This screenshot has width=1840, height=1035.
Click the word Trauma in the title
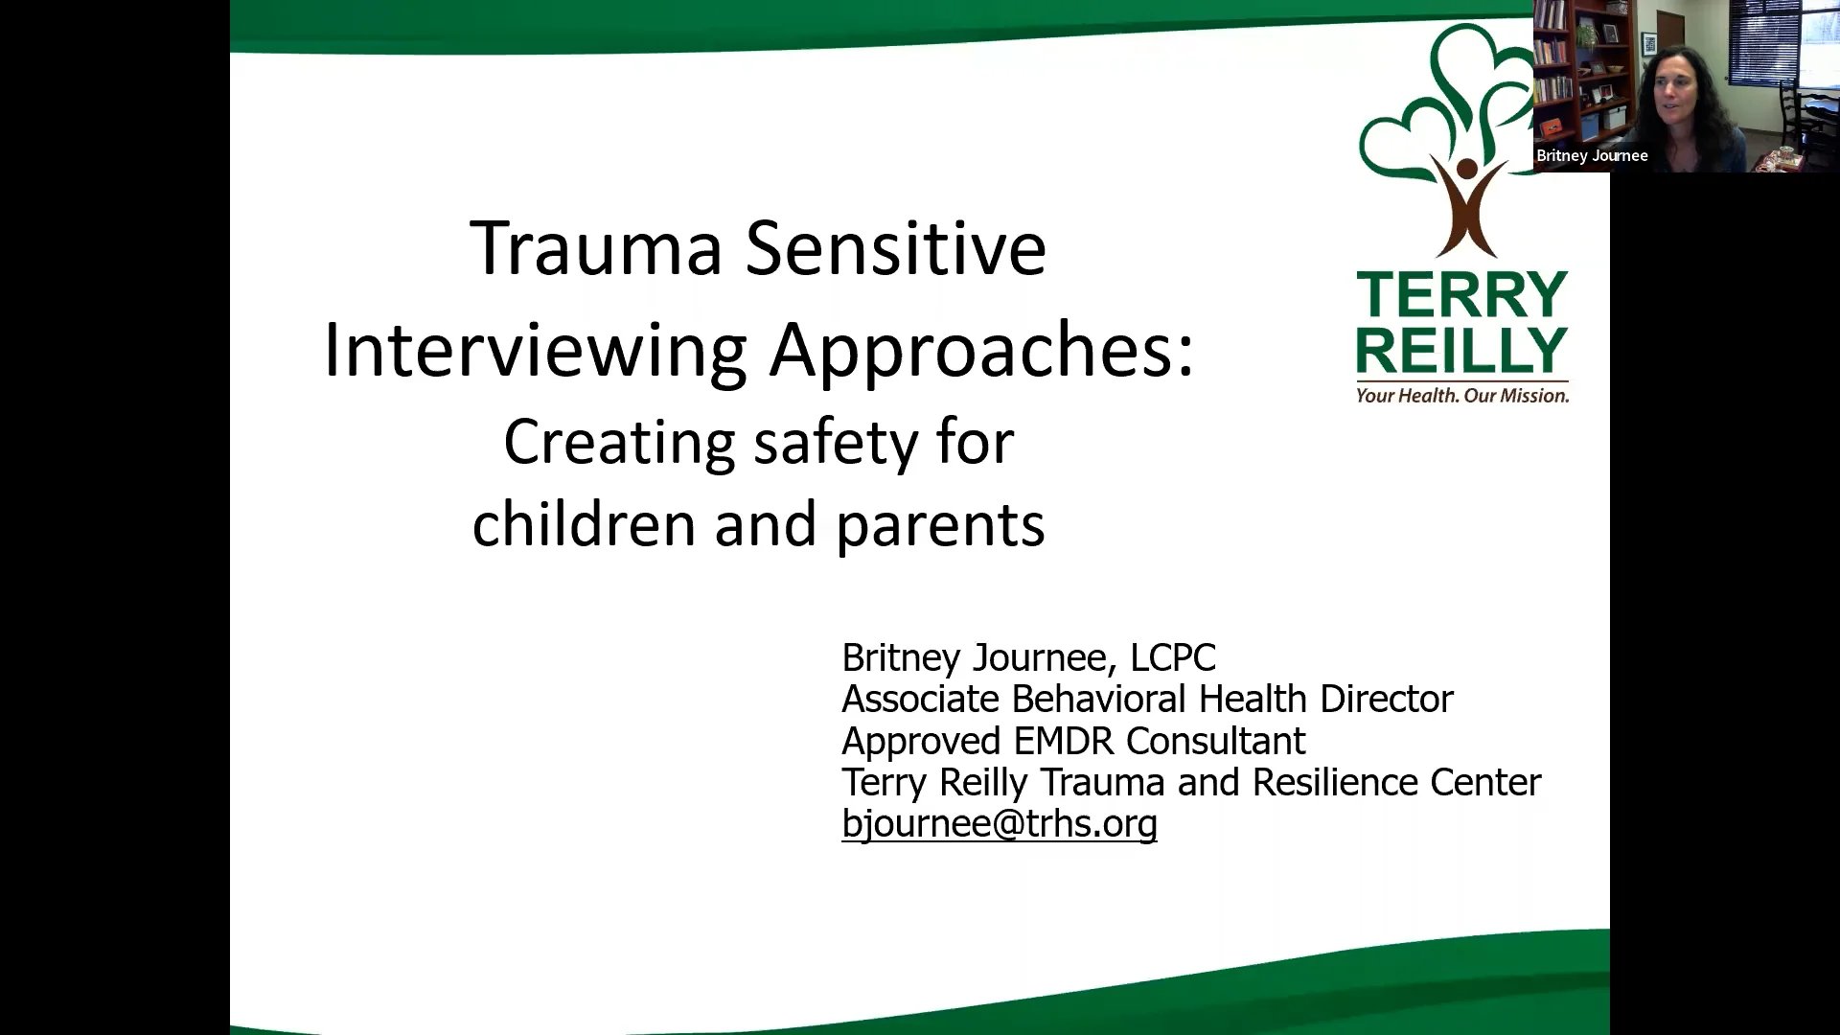(x=595, y=248)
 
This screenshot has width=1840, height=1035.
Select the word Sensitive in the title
(x=895, y=248)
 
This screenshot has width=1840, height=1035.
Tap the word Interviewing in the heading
(x=535, y=350)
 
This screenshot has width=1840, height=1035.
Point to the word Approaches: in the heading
(x=982, y=350)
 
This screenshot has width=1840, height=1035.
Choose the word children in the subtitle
(x=583, y=524)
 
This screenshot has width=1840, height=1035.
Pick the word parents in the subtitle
(x=940, y=526)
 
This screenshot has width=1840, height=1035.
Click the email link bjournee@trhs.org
(x=999, y=824)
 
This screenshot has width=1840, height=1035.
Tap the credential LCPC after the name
(x=1172, y=657)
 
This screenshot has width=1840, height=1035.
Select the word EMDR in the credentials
(x=1064, y=741)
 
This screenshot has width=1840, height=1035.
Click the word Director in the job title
(x=1386, y=699)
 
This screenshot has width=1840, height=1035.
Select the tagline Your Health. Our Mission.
(x=1461, y=395)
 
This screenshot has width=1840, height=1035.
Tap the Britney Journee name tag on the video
(x=1592, y=155)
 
